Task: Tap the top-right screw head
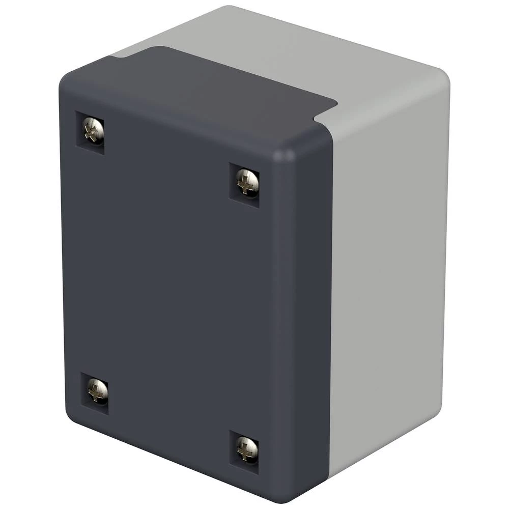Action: (x=247, y=181)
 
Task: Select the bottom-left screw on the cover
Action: (x=96, y=391)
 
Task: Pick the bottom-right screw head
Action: (x=247, y=448)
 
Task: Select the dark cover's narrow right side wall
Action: (x=305, y=316)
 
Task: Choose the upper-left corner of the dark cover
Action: (x=66, y=81)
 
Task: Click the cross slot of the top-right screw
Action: (x=247, y=182)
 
